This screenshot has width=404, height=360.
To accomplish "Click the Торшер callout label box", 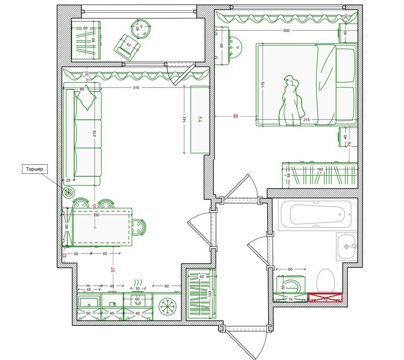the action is (35, 169).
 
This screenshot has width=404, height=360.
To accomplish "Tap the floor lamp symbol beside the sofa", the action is (69, 193).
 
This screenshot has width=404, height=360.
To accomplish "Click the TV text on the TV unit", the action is (200, 119).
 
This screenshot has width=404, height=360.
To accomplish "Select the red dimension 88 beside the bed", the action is (235, 116).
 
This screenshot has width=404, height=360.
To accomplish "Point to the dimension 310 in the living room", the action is (136, 87).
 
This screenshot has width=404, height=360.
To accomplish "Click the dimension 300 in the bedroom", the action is (286, 30).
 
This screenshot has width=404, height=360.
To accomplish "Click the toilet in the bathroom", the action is (326, 281).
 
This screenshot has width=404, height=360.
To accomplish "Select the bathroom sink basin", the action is (346, 247).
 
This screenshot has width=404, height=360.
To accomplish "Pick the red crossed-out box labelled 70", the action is (326, 297).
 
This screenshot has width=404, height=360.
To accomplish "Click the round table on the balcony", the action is (141, 29).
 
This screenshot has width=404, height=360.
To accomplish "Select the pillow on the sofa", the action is (86, 99).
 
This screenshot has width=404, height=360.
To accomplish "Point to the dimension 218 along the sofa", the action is (95, 134).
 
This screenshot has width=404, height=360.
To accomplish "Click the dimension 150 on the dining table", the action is (96, 215).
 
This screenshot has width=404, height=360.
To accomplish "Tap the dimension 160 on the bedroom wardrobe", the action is (320, 169).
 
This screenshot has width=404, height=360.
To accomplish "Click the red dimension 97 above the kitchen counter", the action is (113, 270).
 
